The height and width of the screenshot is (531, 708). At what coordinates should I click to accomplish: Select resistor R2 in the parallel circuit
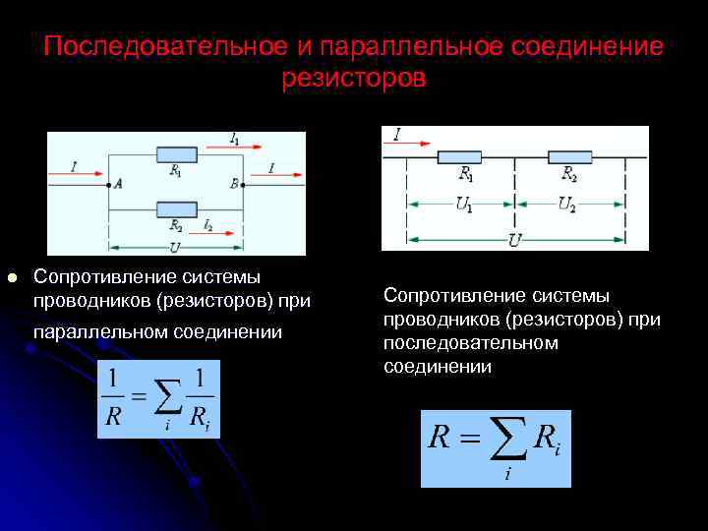(176, 207)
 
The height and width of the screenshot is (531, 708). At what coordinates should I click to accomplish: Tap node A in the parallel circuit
(107, 183)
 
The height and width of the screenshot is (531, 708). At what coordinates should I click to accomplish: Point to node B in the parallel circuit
(245, 183)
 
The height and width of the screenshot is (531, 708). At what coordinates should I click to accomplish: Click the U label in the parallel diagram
(174, 246)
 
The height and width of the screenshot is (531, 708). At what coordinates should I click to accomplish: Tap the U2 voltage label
(567, 205)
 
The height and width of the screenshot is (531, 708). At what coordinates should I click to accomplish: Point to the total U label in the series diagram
(514, 240)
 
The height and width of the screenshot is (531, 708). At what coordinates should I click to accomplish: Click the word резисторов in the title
(354, 78)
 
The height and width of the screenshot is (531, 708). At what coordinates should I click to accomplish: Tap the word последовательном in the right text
(471, 342)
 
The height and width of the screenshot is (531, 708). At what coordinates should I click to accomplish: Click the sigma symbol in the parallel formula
(168, 397)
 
